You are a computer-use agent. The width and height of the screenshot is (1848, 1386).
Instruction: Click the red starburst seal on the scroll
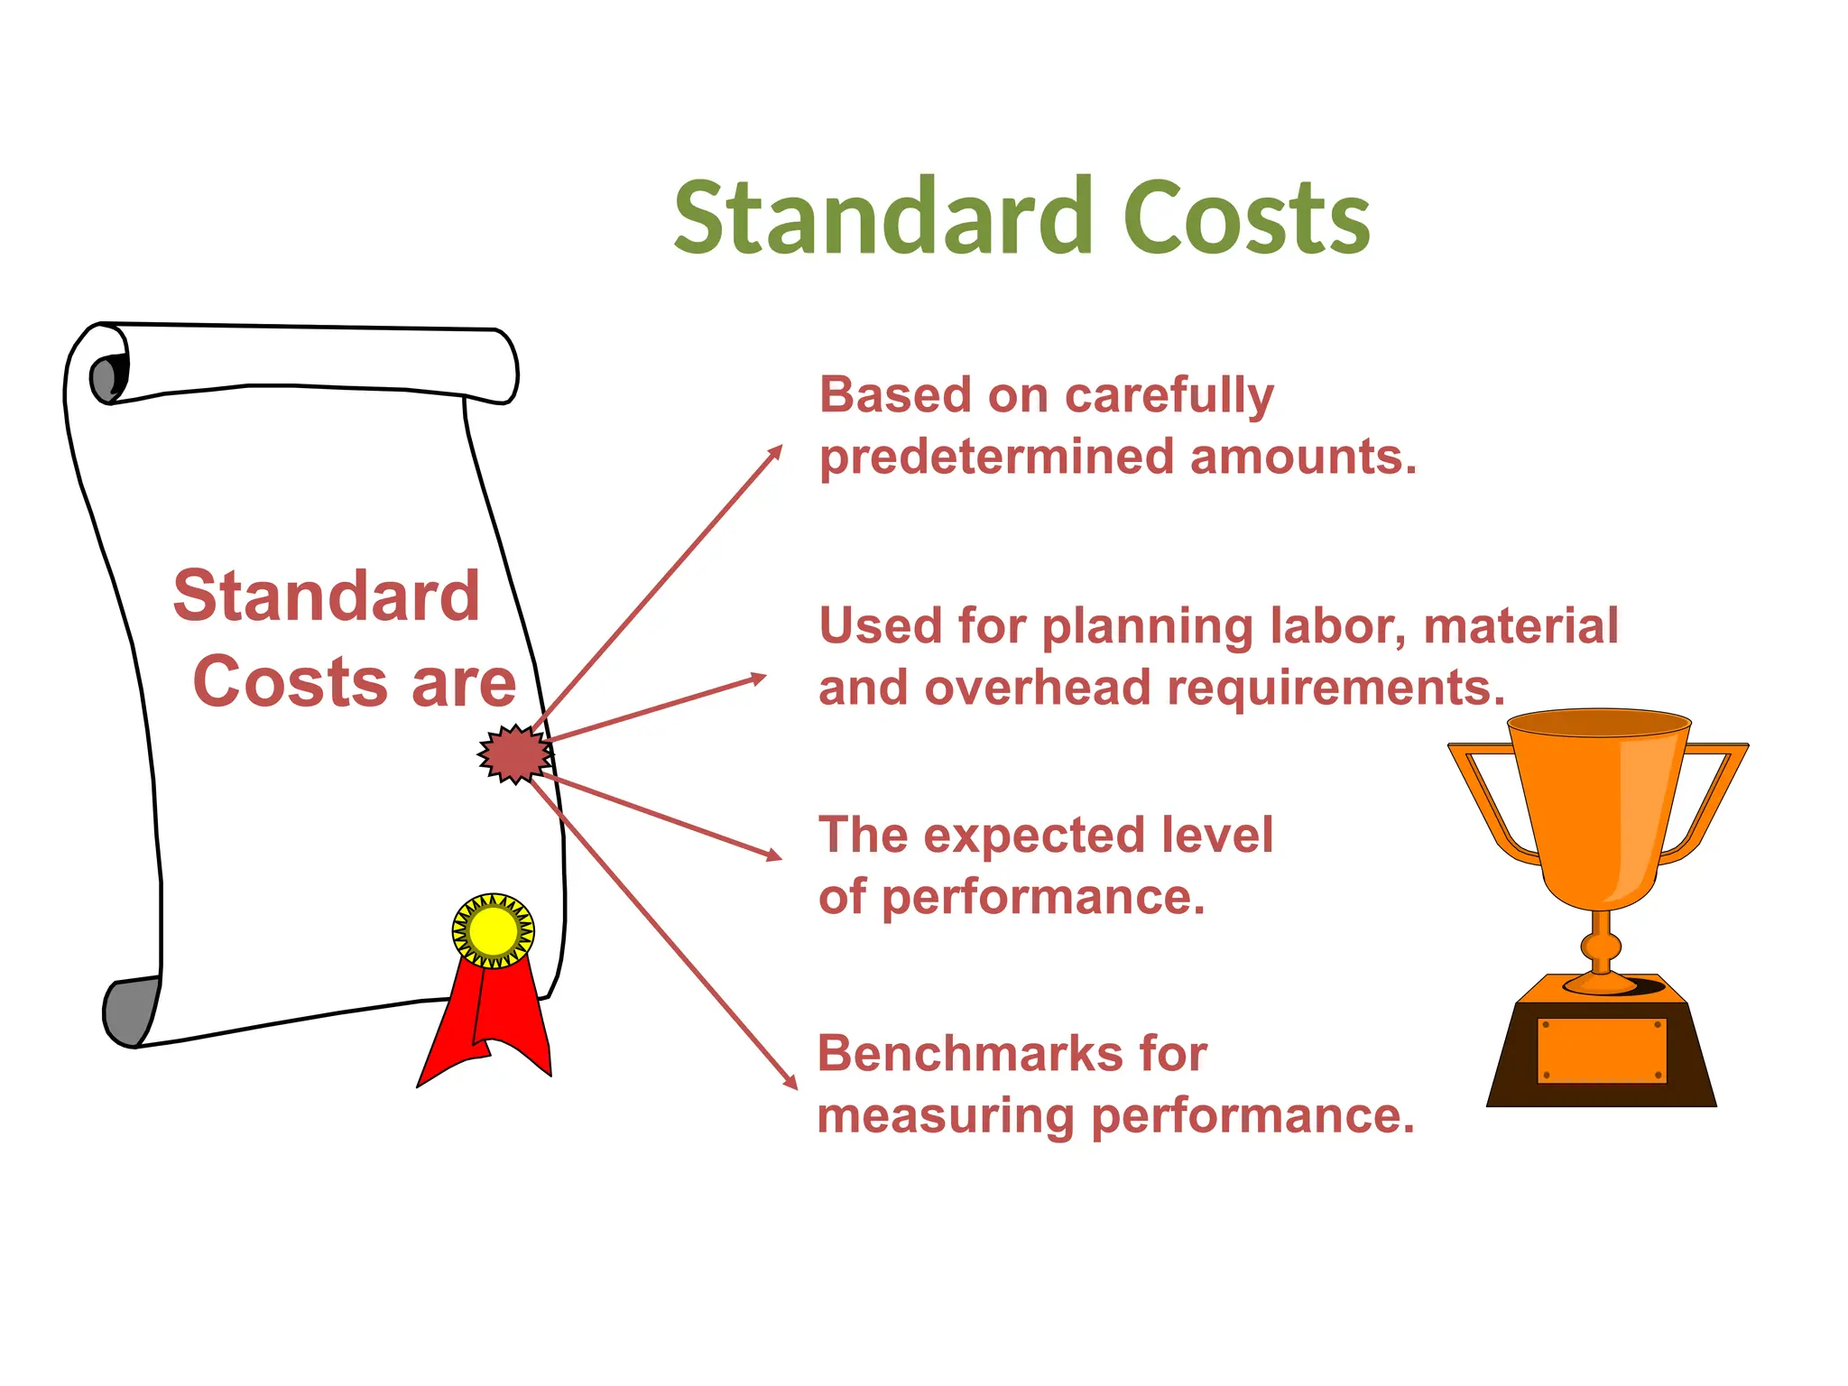coord(514,753)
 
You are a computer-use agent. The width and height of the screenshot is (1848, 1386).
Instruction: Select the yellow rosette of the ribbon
coord(493,930)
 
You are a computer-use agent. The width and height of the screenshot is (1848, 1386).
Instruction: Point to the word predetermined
coord(996,457)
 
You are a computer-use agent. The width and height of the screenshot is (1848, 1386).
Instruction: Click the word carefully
coord(1169,397)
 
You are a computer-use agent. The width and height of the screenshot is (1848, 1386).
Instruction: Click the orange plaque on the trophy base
coord(1602,1050)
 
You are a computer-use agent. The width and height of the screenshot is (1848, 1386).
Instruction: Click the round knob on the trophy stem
coord(1601,947)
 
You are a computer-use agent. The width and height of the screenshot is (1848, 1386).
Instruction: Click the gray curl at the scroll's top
coord(106,377)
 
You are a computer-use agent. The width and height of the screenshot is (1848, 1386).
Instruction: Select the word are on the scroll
coord(464,683)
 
